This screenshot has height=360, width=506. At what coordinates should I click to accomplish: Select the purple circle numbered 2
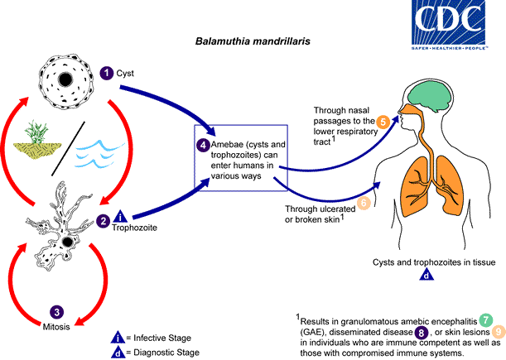103,220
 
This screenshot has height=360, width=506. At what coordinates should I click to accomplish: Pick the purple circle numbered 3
56,311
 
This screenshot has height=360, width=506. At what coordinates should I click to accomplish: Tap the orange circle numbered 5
384,122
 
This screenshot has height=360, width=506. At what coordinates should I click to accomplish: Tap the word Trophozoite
134,227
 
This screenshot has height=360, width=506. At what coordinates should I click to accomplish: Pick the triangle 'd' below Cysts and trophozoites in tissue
425,275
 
